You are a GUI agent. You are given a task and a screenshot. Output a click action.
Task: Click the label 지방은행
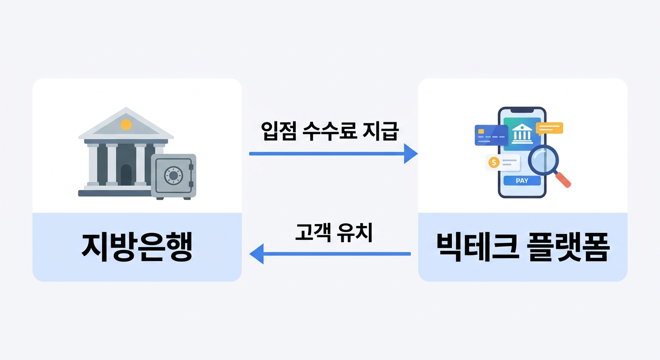137,247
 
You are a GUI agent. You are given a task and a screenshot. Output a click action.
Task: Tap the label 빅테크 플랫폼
522,247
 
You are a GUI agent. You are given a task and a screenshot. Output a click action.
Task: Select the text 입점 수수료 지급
329,131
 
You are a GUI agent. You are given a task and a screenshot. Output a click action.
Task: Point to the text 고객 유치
333,232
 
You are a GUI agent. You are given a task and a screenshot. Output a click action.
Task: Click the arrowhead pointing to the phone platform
411,153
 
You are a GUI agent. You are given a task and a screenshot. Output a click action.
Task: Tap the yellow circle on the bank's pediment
126,125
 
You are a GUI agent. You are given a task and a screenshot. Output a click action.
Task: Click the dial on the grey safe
172,175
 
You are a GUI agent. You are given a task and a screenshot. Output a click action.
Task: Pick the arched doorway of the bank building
126,175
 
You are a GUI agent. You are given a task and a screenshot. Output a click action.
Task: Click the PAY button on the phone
522,180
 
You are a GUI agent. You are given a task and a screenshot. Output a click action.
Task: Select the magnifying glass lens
543,159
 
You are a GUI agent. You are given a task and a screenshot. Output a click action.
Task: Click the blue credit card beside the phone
491,135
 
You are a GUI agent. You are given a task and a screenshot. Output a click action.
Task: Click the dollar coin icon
493,162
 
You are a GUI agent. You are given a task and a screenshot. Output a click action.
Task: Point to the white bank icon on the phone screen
522,133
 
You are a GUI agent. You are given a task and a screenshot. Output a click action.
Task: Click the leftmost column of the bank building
93,165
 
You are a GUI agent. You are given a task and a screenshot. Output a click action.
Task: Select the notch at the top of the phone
522,111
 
